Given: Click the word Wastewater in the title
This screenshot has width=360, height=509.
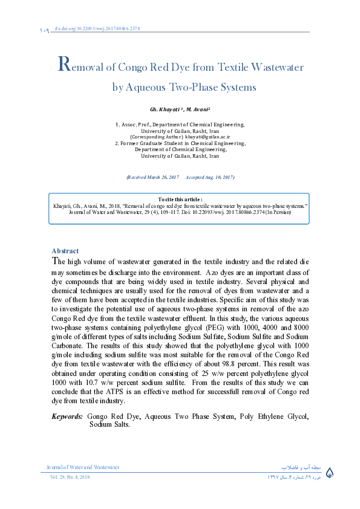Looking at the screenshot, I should [x=276, y=67].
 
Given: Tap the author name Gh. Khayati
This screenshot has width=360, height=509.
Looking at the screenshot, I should [x=167, y=109].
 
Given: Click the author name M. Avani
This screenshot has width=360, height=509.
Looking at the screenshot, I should [x=197, y=109].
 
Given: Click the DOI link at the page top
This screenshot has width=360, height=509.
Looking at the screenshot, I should [x=100, y=28].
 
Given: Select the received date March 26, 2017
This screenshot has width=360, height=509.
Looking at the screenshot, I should [x=159, y=177].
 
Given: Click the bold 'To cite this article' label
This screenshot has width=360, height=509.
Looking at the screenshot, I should [x=180, y=199].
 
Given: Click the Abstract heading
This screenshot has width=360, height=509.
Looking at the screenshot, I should [x=65, y=251].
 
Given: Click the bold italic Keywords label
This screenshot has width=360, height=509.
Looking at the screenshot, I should [x=67, y=417].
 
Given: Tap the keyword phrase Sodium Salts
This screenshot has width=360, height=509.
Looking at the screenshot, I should [x=109, y=425].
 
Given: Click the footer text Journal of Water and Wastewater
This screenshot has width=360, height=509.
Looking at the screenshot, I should [x=83, y=467].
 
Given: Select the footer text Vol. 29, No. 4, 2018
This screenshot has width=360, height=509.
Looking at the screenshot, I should [x=70, y=477].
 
